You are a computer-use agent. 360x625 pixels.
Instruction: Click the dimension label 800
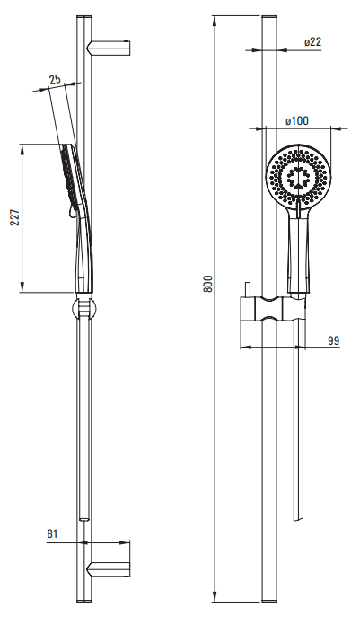click(208, 284)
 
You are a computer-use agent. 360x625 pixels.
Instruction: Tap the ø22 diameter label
click(312, 42)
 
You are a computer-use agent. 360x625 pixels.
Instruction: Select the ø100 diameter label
click(297, 120)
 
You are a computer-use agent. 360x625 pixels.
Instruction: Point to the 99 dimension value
click(333, 341)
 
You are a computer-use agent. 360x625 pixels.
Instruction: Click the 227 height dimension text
click(15, 217)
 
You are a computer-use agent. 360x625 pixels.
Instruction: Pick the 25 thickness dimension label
click(55, 79)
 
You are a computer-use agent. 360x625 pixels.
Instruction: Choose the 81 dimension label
click(52, 533)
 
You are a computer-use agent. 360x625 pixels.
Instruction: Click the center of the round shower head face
click(298, 176)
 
